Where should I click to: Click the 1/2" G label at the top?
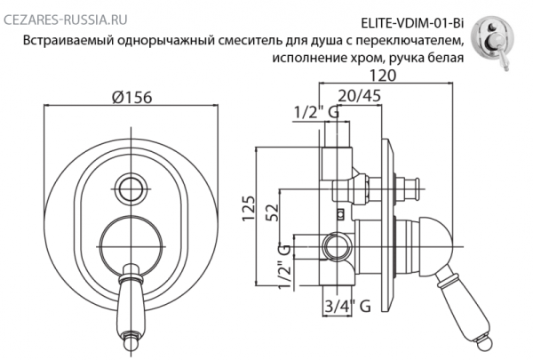tap(314, 114)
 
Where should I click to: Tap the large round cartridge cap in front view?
tap(131, 243)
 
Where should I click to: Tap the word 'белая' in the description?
tap(443, 60)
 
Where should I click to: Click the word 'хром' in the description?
tap(372, 60)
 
